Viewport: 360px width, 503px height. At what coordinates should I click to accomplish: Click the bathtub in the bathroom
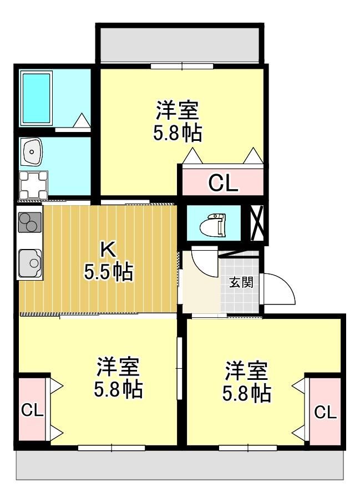tap(36, 98)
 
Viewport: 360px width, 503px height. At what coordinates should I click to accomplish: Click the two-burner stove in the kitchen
tap(30, 222)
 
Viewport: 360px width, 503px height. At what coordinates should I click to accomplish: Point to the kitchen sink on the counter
tap(30, 263)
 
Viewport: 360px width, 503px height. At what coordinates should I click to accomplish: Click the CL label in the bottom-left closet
tap(32, 410)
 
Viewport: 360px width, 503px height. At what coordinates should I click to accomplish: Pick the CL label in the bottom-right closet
tap(326, 411)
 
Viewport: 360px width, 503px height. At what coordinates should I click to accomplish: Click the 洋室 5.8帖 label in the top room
tap(178, 121)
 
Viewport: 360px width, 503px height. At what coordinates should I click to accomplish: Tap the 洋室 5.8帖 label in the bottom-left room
tap(118, 377)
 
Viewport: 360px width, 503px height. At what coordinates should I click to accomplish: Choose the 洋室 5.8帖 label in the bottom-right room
tap(247, 381)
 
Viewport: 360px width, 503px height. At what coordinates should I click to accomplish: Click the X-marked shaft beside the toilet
tap(257, 223)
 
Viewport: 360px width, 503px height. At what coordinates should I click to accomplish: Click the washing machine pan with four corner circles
tap(33, 185)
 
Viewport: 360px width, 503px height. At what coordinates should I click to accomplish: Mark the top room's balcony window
tap(182, 67)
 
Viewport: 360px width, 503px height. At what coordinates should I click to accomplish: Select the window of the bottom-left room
tap(111, 448)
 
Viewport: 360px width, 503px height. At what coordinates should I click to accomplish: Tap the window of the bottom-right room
tap(248, 448)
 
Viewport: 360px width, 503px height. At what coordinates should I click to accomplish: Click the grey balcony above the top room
tap(180, 44)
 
